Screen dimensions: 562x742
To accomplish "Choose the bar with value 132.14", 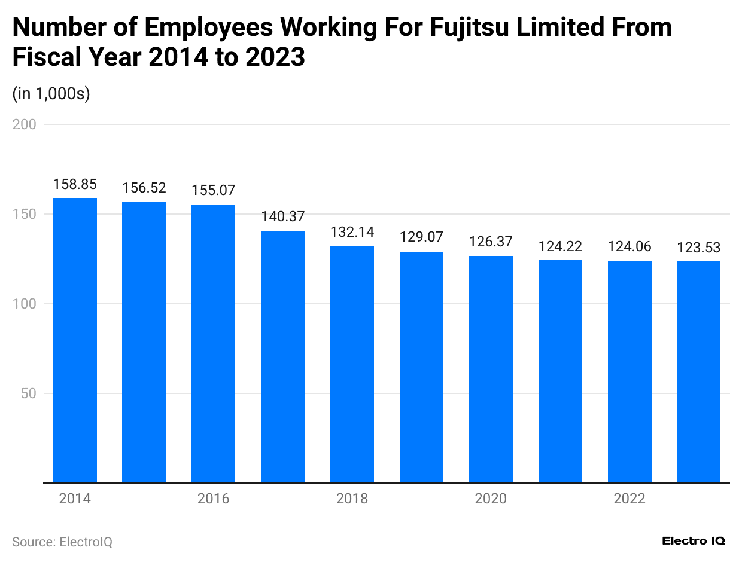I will (x=352, y=364).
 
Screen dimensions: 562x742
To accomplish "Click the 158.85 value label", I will (x=75, y=184).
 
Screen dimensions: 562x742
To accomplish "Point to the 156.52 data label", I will (x=144, y=188).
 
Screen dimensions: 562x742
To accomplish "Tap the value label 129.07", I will (x=421, y=237).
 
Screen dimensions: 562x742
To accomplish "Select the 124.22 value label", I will (x=560, y=246).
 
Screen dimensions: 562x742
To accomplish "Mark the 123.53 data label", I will (x=698, y=248).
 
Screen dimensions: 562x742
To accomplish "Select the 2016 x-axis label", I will (x=214, y=499).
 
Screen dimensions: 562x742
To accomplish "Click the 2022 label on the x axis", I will (x=630, y=499).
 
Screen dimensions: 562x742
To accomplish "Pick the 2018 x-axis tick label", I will (x=352, y=499).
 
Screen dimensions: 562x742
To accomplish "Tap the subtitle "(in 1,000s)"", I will (x=51, y=94).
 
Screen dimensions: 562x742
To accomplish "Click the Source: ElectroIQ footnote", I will (x=62, y=542).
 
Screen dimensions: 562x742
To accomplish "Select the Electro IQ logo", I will (x=694, y=541).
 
